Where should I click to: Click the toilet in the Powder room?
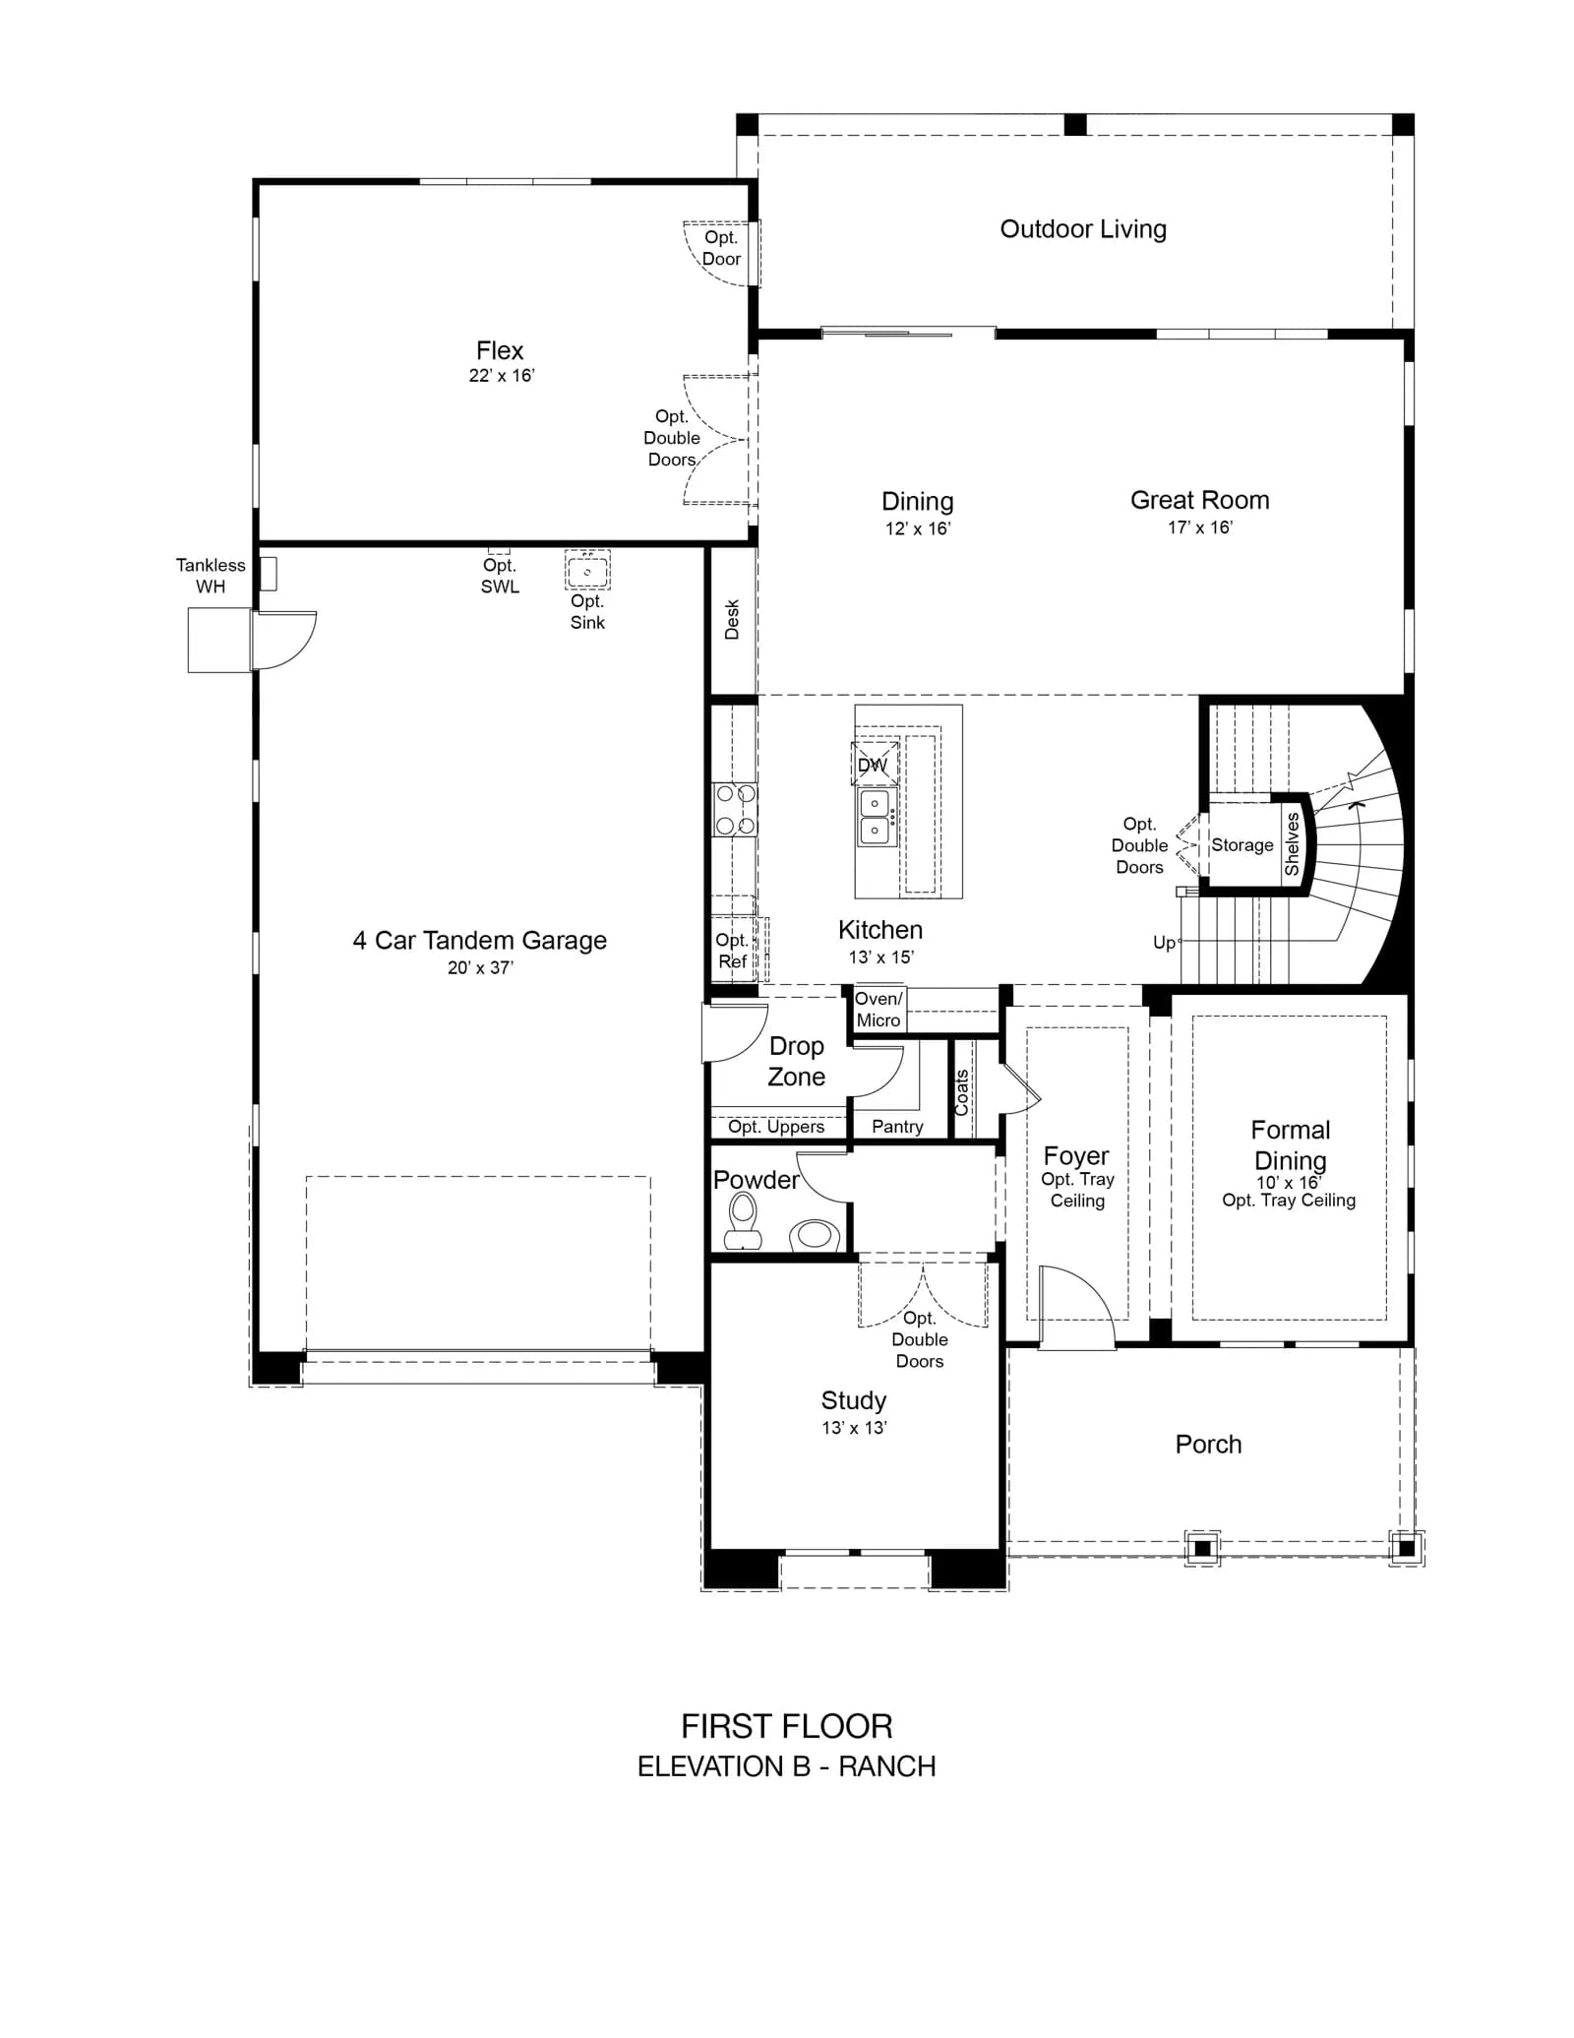tap(743, 1220)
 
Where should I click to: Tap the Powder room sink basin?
tap(815, 1234)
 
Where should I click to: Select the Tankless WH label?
tap(211, 576)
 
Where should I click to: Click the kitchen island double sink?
tap(875, 816)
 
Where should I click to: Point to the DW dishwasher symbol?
tap(874, 764)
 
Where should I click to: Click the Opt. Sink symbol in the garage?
tap(587, 570)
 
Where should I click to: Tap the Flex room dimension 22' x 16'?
tap(502, 375)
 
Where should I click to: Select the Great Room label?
tap(1200, 500)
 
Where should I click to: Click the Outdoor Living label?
tap(1083, 229)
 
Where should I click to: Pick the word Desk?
tap(732, 620)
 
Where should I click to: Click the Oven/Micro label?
tap(878, 1010)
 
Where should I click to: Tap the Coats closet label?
tap(962, 1092)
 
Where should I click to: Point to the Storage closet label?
tap(1242, 844)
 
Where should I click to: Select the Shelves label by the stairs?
tap(1292, 844)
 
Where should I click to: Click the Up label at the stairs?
tap(1165, 943)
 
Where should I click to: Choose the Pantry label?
tap(897, 1126)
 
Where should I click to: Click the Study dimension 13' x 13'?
tap(855, 1427)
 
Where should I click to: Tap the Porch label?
tap(1209, 1444)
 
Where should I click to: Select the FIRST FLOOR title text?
tap(787, 1726)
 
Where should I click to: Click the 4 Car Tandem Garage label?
tap(480, 941)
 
